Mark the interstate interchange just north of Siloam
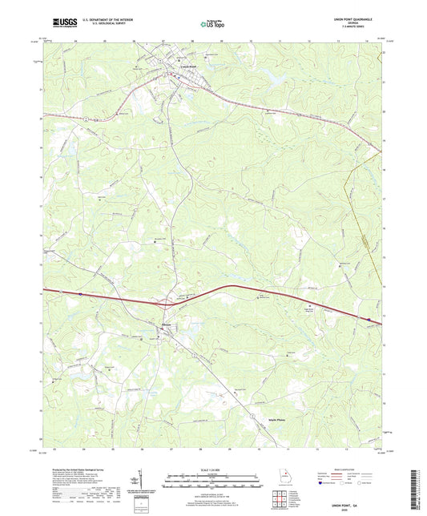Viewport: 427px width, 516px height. pyautogui.click(x=166, y=304)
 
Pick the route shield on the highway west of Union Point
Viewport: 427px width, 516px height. pyautogui.click(x=83, y=118)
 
